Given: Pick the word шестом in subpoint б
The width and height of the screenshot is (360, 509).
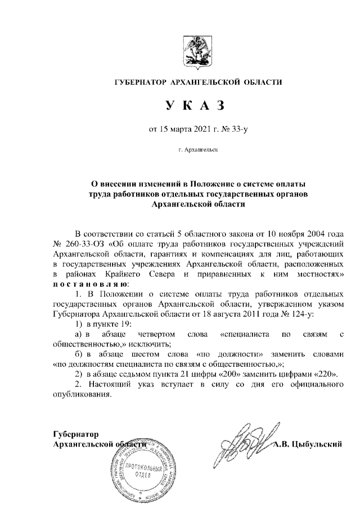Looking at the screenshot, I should tap(138, 354).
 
